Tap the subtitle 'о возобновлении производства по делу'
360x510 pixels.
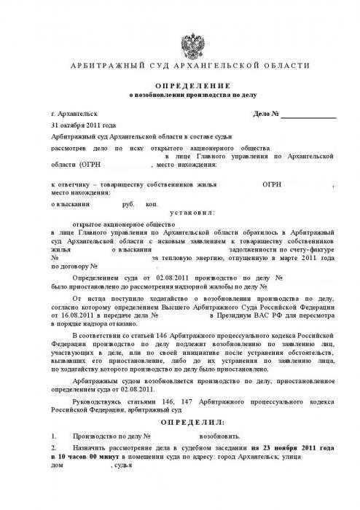[188, 95]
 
